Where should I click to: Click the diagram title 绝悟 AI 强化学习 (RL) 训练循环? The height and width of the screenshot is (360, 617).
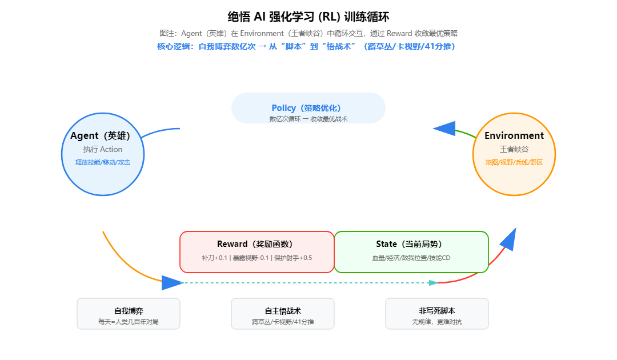[308, 17]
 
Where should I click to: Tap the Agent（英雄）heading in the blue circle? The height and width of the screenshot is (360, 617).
[101, 136]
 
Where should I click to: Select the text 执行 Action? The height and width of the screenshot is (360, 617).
[103, 149]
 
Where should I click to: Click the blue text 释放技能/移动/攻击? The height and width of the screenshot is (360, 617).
[103, 162]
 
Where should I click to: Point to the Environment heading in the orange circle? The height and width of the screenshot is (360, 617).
[514, 136]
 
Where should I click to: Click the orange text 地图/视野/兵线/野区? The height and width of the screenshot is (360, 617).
[514, 162]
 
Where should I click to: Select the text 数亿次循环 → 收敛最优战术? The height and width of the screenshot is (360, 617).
[308, 119]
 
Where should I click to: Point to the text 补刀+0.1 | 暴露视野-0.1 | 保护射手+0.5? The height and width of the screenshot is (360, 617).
[257, 258]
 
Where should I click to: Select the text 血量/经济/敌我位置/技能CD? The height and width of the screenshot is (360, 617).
[411, 258]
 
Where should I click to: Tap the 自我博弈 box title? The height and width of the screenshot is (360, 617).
[129, 311]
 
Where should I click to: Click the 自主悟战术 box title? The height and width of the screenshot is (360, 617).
[283, 311]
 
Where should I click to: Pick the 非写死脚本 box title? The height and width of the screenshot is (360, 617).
[437, 311]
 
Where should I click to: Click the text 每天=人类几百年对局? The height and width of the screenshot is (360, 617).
[129, 322]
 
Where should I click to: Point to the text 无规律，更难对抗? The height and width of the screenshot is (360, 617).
[437, 322]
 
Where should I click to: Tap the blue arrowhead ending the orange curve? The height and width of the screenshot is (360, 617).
[171, 282]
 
